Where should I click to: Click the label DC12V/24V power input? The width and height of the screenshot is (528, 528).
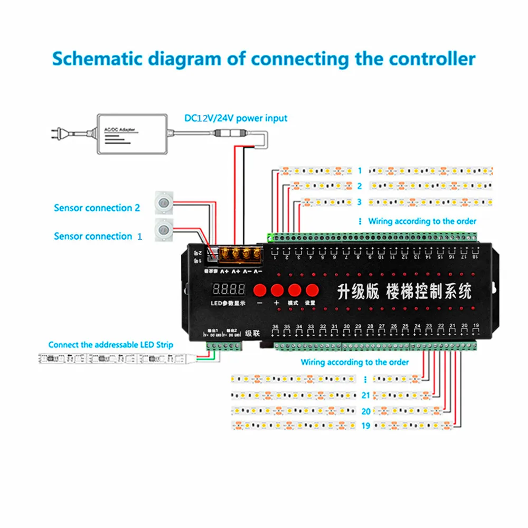pyautogui.click(x=236, y=118)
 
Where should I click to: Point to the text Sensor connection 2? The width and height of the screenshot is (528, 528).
pyautogui.click(x=97, y=208)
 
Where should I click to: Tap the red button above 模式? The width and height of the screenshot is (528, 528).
pyautogui.click(x=293, y=289)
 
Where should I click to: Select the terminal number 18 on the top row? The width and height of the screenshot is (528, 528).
pyautogui.click(x=475, y=257)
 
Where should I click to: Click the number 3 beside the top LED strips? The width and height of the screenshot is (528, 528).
pyautogui.click(x=359, y=202)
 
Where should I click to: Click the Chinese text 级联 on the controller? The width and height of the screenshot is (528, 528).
pyautogui.click(x=253, y=334)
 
